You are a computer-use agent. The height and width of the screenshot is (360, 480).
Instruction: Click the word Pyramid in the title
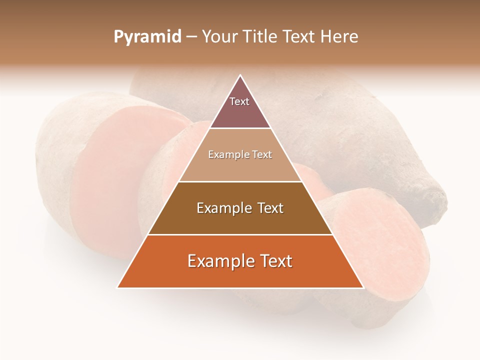point(147,37)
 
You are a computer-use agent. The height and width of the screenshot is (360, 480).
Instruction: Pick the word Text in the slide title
point(298,37)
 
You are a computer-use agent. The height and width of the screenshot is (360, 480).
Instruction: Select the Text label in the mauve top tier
point(239,101)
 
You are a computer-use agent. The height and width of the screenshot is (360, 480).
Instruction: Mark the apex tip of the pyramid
point(240,75)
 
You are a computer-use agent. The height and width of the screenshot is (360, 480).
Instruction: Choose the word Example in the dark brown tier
point(223,208)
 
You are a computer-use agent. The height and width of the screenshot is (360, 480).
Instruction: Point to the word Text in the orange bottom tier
point(273,261)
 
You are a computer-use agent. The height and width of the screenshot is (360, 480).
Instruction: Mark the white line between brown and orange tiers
point(240,234)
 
